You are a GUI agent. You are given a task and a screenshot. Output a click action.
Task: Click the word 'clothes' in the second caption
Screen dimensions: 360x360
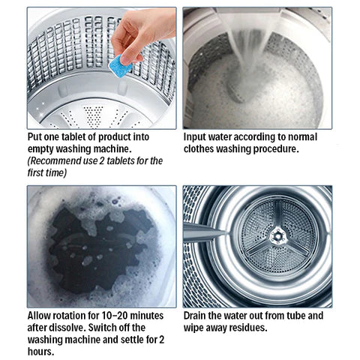coord(202,149)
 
